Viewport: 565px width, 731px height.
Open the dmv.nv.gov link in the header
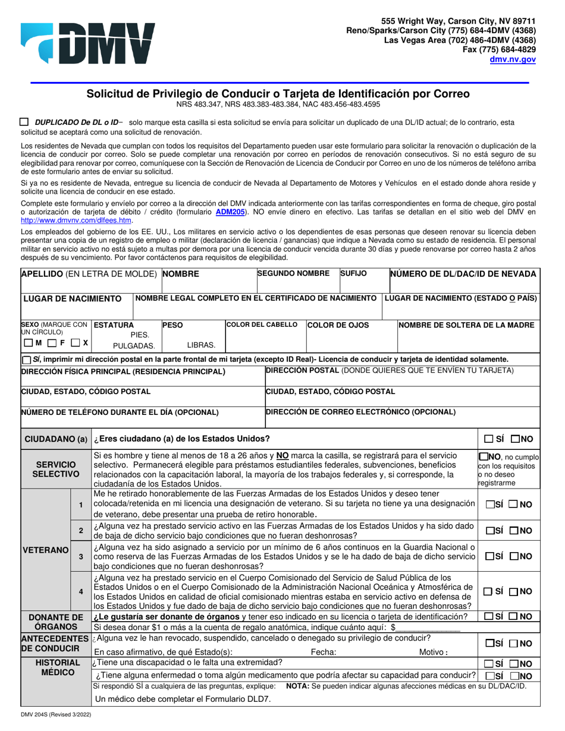click(513, 59)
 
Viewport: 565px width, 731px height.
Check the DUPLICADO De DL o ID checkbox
click(24, 122)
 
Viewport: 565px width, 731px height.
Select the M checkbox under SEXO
click(29, 343)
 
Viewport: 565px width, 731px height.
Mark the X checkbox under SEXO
click(75, 343)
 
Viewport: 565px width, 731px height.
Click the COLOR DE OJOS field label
click(338, 325)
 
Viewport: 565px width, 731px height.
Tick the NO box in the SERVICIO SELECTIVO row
click(482, 457)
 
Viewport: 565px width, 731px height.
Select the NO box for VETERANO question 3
click(514, 556)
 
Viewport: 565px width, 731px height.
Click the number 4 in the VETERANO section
click(81, 591)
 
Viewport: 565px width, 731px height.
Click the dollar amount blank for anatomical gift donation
click(428, 627)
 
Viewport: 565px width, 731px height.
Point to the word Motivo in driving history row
click(433, 651)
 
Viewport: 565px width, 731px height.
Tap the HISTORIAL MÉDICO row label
click(56, 667)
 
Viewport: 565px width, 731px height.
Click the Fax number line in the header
click(499, 50)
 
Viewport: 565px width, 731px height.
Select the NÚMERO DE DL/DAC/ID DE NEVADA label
click(463, 274)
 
